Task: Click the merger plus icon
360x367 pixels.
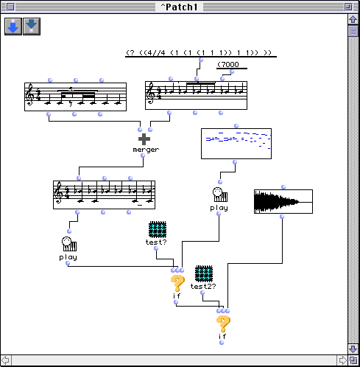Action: click(144, 139)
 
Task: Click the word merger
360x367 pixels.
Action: click(146, 150)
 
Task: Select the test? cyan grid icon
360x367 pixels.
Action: click(158, 229)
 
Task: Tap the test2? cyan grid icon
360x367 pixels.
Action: click(204, 273)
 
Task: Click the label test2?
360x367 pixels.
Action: click(203, 287)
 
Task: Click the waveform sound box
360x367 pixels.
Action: click(283, 201)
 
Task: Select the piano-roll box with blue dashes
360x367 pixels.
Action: click(236, 144)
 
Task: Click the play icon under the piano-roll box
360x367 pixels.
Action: click(220, 195)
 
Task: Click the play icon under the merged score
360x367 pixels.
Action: click(69, 244)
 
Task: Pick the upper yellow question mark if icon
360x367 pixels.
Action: click(177, 283)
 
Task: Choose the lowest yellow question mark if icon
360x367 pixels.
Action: click(223, 324)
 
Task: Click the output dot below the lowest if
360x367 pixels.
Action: click(222, 343)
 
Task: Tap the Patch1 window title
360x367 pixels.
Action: click(179, 7)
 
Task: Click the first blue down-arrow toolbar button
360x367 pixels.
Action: click(13, 27)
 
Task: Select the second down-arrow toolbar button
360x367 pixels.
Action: click(32, 27)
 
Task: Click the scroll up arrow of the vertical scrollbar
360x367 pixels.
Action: click(353, 19)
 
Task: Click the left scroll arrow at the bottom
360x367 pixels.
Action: click(5, 360)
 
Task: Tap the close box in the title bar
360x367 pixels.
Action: click(10, 7)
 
